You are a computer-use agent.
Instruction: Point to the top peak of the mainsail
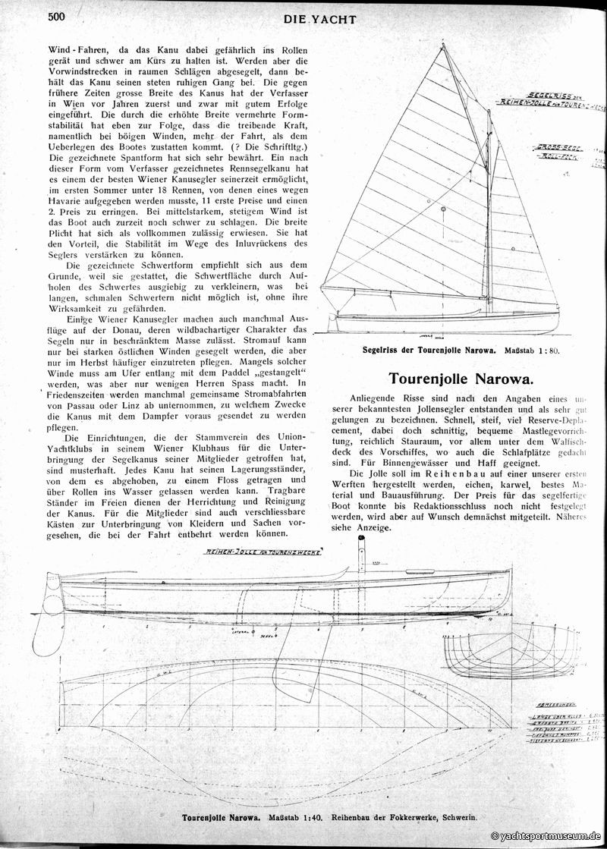tap(442, 46)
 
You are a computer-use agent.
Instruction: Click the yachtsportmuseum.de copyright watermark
tap(546, 835)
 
